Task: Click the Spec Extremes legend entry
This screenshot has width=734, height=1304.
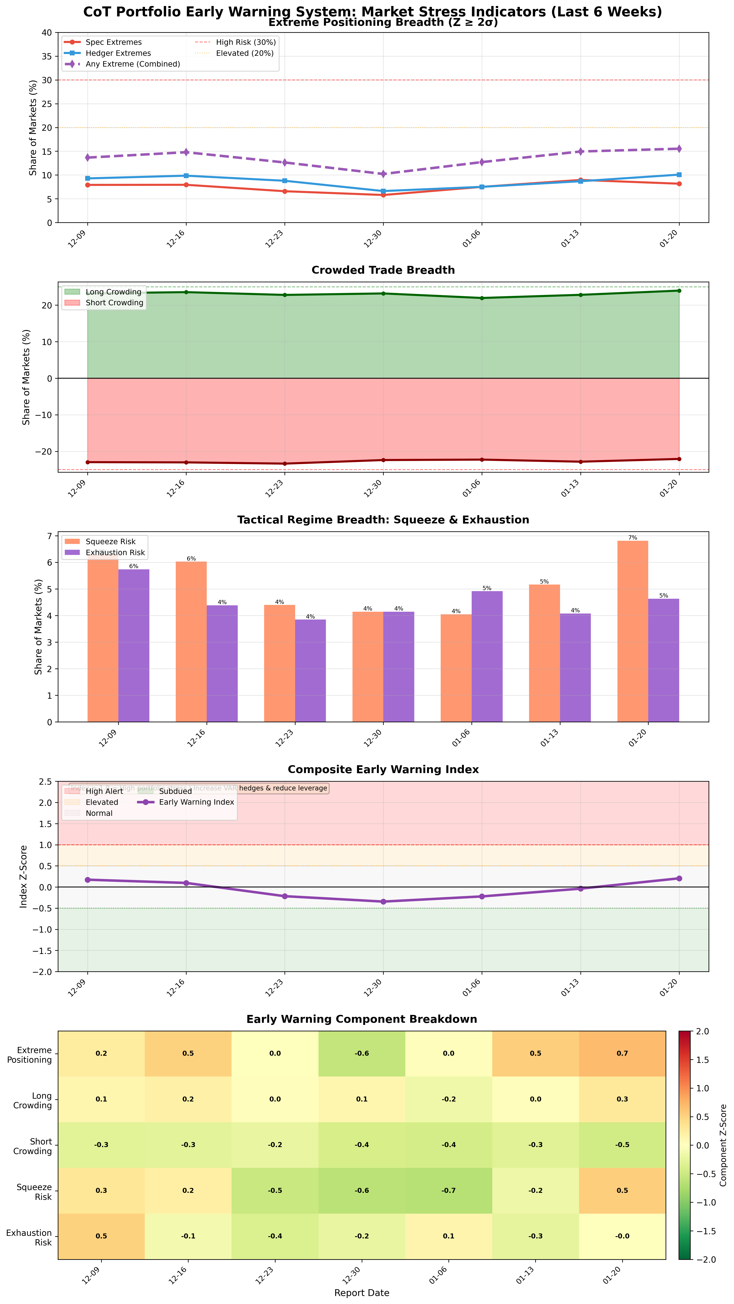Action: (113, 43)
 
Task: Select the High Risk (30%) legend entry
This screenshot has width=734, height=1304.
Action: (246, 43)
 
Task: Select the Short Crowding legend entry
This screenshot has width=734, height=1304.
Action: (114, 303)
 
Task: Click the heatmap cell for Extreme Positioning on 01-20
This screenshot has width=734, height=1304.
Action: (622, 1054)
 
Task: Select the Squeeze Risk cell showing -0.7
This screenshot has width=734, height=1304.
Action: (448, 1191)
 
